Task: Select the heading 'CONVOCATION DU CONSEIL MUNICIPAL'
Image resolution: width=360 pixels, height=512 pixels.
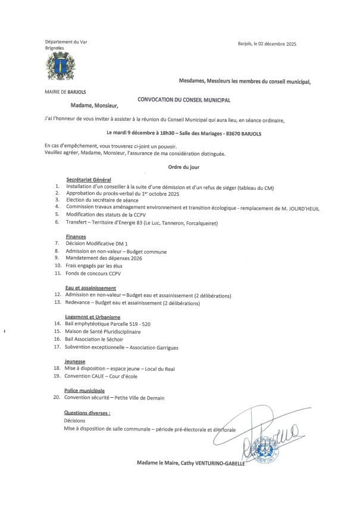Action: (x=184, y=101)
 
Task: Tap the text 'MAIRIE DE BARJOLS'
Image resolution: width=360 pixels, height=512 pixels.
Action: (x=65, y=92)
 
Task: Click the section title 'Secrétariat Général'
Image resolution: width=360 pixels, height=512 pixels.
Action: (x=88, y=180)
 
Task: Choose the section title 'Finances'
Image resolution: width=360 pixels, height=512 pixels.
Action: (x=76, y=237)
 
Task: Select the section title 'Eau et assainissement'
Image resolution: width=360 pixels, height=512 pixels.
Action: (x=90, y=288)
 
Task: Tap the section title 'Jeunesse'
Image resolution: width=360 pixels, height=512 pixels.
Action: (x=74, y=361)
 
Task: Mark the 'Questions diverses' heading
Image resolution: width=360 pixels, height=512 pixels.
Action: (x=87, y=412)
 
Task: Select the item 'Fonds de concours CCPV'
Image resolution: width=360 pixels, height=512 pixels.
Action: (x=93, y=274)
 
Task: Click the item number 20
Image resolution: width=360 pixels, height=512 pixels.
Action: (x=57, y=398)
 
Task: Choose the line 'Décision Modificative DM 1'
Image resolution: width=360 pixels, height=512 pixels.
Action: (x=97, y=244)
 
